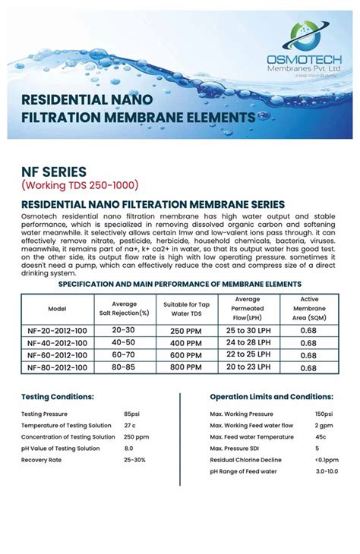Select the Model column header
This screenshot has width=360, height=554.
[x=58, y=309]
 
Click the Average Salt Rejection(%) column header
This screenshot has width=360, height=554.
[x=122, y=308]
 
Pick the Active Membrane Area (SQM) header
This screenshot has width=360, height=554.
[x=309, y=309]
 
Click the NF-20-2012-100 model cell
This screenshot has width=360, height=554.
[x=58, y=331]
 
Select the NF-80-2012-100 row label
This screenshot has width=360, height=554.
[x=58, y=367]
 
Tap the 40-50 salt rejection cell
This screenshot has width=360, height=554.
[x=122, y=343]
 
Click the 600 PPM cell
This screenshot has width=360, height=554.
[x=187, y=355]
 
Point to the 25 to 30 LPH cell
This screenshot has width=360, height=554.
[x=248, y=331]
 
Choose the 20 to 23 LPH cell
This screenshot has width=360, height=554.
[x=248, y=367]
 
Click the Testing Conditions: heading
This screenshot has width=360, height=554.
[x=58, y=397]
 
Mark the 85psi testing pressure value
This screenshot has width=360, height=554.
[x=132, y=414]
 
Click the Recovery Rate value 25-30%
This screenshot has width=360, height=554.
[x=134, y=460]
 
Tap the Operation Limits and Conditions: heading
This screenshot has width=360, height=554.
[x=271, y=397]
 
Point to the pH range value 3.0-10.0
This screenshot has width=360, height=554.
[x=328, y=471]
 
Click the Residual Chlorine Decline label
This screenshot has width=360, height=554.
[x=246, y=460]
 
